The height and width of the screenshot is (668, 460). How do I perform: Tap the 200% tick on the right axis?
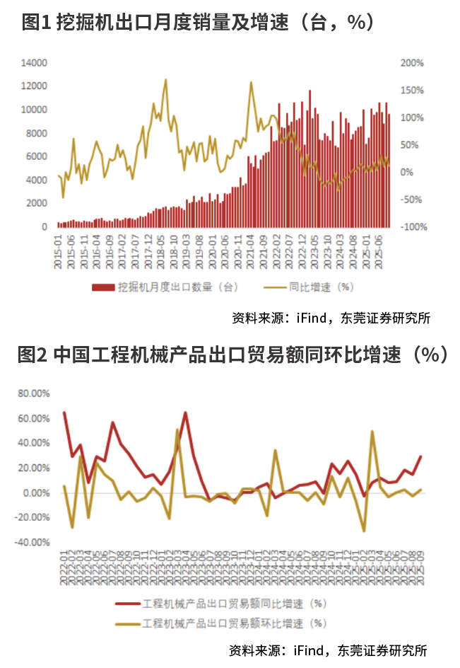(x=412, y=63)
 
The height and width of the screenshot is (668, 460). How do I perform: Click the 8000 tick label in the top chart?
(x=37, y=133)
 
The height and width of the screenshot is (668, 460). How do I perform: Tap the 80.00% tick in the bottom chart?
(x=33, y=393)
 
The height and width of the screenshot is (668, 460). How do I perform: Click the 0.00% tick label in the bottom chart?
(x=35, y=493)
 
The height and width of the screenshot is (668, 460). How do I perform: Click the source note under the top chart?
(x=331, y=318)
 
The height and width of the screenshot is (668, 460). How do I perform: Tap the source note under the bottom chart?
(x=329, y=650)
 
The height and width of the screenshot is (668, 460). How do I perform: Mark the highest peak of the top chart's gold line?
(x=166, y=80)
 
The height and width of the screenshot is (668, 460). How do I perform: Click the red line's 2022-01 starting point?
(x=64, y=413)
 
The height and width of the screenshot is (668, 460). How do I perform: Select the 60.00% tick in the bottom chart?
(x=33, y=419)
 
